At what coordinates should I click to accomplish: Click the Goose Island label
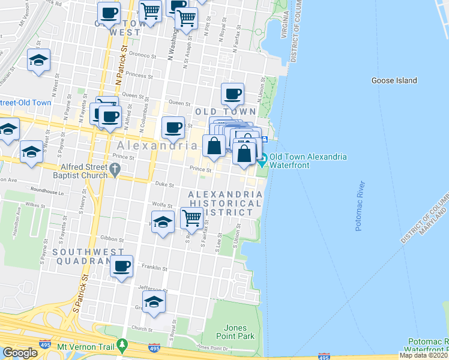coord(394,80)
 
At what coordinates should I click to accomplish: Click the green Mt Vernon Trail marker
coord(122,346)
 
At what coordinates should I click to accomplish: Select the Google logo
coord(20,353)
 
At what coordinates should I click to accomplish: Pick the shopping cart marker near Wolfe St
coord(191,220)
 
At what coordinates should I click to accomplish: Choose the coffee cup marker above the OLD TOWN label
coord(232,94)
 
